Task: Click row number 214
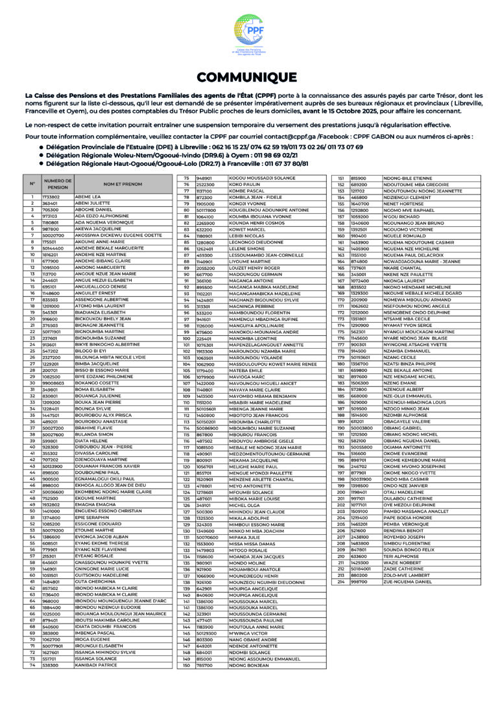coord(342,581)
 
